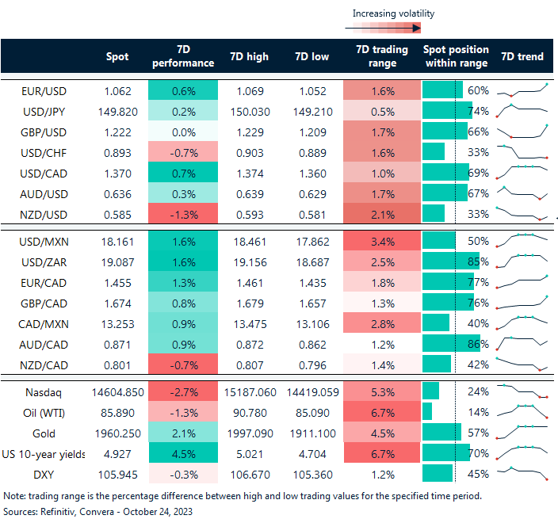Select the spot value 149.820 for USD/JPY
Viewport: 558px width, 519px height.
[117, 111]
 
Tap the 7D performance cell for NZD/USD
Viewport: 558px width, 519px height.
[182, 214]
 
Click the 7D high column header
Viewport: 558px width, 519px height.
[249, 57]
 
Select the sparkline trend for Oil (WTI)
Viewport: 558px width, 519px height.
[522, 412]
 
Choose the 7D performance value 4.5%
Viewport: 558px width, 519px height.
[182, 454]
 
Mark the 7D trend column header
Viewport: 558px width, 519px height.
[522, 57]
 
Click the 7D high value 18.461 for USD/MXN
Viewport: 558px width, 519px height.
[249, 241]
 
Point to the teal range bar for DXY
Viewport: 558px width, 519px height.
[438, 475]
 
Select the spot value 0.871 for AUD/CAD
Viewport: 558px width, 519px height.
[119, 344]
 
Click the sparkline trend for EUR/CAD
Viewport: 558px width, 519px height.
[522, 282]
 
